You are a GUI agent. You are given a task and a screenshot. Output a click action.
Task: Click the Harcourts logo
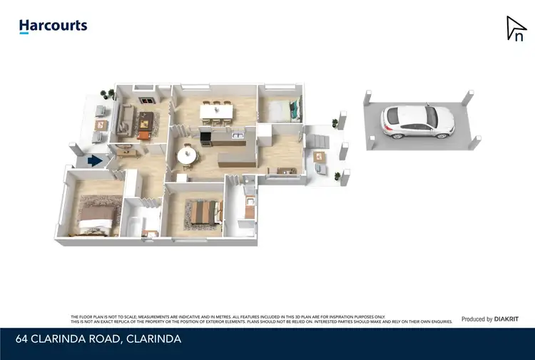[53, 26]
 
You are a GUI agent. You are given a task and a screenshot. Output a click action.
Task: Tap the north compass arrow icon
[515, 29]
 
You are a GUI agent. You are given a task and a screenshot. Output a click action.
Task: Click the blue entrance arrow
[93, 161]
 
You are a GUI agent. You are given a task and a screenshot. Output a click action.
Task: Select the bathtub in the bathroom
[133, 229]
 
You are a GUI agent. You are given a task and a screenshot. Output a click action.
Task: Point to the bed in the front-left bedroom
[94, 216]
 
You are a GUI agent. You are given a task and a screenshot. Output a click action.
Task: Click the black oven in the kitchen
[205, 137]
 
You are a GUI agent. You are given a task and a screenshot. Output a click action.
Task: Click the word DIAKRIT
[509, 319]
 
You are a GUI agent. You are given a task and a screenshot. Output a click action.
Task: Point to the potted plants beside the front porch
[108, 93]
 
